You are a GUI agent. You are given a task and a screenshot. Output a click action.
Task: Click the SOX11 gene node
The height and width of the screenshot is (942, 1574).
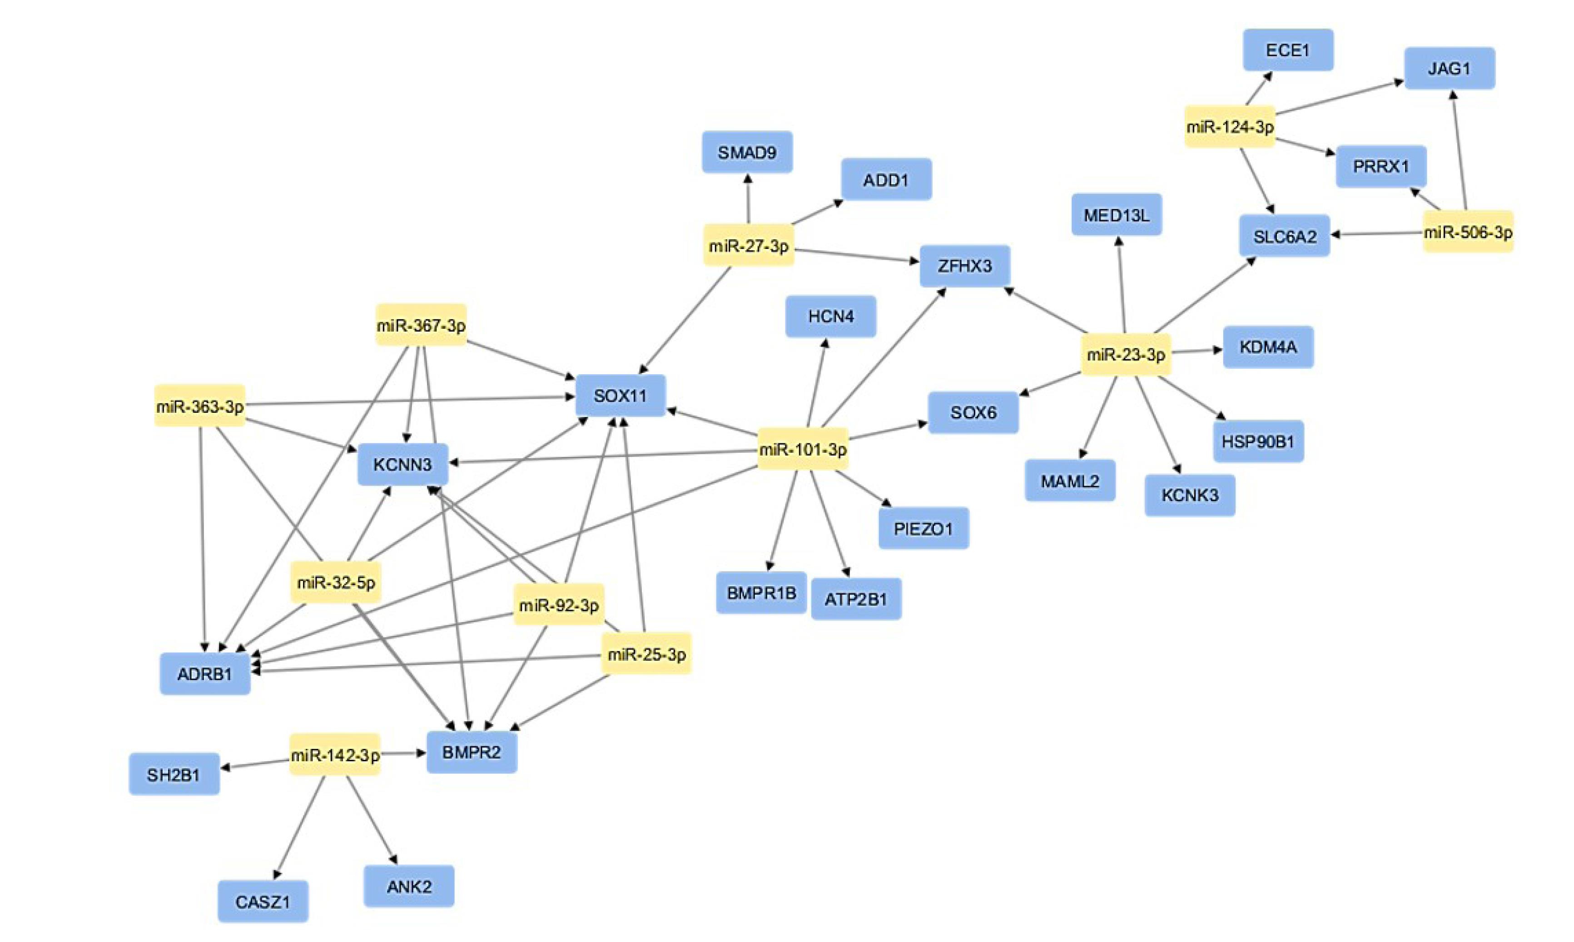[620, 396]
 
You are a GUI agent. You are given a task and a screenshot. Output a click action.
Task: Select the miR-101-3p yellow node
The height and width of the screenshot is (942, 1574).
[803, 449]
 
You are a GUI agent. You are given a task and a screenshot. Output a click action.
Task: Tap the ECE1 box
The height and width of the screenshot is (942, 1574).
[1288, 50]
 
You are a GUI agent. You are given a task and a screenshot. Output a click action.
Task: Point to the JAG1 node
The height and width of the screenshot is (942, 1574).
[1449, 68]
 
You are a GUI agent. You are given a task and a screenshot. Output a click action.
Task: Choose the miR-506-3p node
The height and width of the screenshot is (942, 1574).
[1467, 233]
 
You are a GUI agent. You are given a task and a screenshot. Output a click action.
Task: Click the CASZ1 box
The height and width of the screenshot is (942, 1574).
[263, 902]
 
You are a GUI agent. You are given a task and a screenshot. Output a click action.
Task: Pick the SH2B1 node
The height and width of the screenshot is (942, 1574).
[174, 774]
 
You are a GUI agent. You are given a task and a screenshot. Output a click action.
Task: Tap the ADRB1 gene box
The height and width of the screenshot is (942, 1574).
[204, 674]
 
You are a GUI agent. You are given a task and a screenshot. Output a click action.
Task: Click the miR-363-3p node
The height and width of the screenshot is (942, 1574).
[200, 406]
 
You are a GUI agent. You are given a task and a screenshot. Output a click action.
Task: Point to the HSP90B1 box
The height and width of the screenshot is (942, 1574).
[1258, 441]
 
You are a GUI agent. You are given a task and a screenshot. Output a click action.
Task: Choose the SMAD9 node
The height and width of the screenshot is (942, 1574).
[747, 152]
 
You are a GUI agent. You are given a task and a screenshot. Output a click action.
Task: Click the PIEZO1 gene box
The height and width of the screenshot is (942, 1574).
[924, 528]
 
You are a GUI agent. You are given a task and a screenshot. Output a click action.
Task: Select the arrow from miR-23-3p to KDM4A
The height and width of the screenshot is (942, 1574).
[1196, 350]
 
